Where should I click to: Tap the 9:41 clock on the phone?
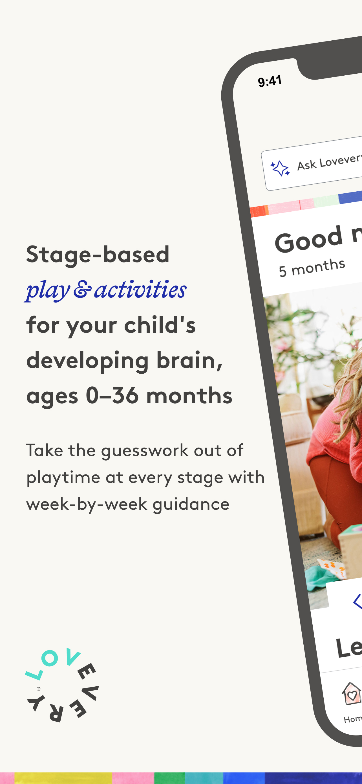[270, 81]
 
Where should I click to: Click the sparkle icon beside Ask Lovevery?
[280, 168]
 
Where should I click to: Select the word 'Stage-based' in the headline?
[98, 255]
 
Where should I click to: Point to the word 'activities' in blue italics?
[140, 289]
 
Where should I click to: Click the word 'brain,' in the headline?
[189, 360]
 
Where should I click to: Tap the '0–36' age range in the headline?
[112, 396]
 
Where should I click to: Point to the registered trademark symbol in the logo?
[39, 689]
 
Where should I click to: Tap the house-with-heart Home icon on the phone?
[352, 695]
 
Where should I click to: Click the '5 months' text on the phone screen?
[312, 268]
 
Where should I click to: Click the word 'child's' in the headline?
[160, 325]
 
